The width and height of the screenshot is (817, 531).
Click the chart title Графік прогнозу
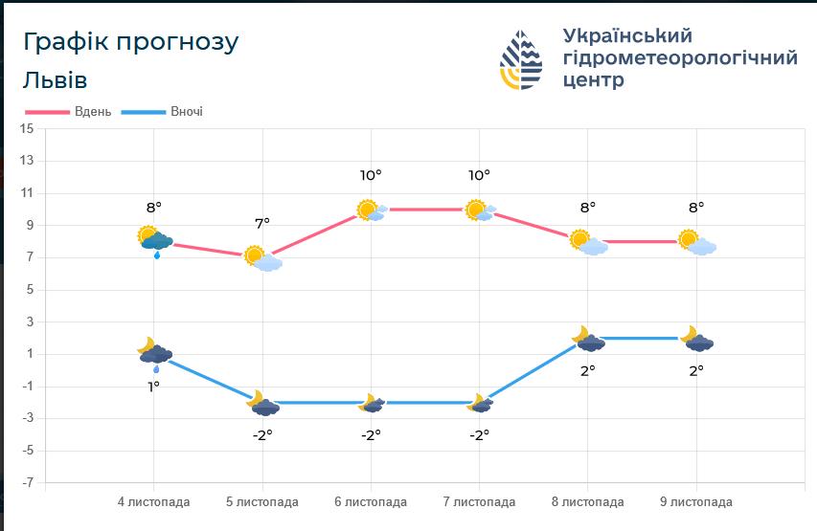(130, 42)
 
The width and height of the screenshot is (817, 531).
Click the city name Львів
(56, 79)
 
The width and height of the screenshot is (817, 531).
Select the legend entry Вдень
(93, 111)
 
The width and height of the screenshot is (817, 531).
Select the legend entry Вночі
(186, 111)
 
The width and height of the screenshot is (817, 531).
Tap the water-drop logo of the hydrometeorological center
(521, 59)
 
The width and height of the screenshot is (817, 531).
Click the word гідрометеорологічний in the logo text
(680, 58)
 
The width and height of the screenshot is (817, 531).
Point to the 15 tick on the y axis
(26, 128)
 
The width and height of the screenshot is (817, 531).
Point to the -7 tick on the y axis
(26, 482)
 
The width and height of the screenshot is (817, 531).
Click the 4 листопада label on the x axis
(153, 501)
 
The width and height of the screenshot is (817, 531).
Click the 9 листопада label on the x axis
(696, 501)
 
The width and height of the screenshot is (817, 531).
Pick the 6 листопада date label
(371, 501)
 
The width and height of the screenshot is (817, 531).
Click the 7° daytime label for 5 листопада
(262, 222)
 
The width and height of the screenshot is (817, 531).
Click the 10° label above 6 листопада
(371, 175)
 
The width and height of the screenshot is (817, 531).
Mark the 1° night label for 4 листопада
(153, 386)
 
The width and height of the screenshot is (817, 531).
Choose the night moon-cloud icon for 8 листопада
(588, 339)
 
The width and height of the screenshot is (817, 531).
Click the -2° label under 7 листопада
(479, 433)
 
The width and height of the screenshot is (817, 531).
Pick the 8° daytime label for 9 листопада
(696, 206)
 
